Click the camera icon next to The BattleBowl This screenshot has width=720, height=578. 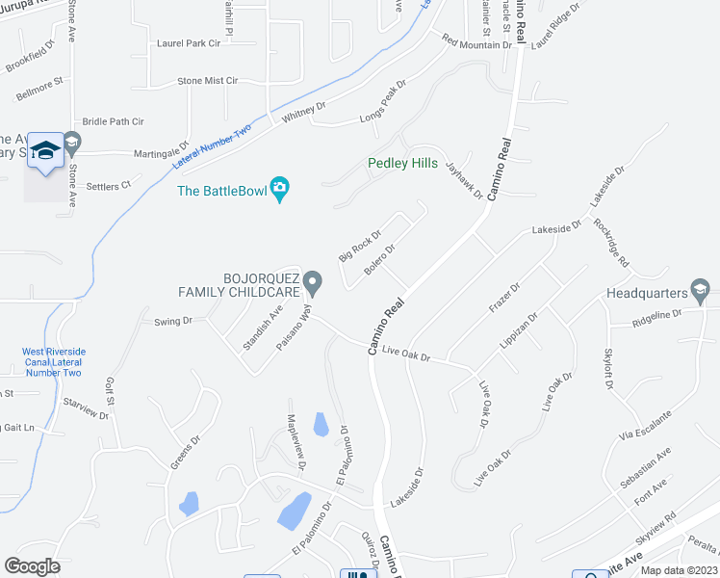(280, 188)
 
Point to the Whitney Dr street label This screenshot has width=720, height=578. (304, 113)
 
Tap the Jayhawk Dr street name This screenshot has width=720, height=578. (463, 179)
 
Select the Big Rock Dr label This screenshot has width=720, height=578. (360, 245)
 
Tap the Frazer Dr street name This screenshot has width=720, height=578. (503, 297)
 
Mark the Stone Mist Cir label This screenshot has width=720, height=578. (207, 81)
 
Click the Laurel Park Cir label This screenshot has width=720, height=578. (189, 43)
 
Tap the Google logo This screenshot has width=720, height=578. (32, 565)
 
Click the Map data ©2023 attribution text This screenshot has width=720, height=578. (679, 570)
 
